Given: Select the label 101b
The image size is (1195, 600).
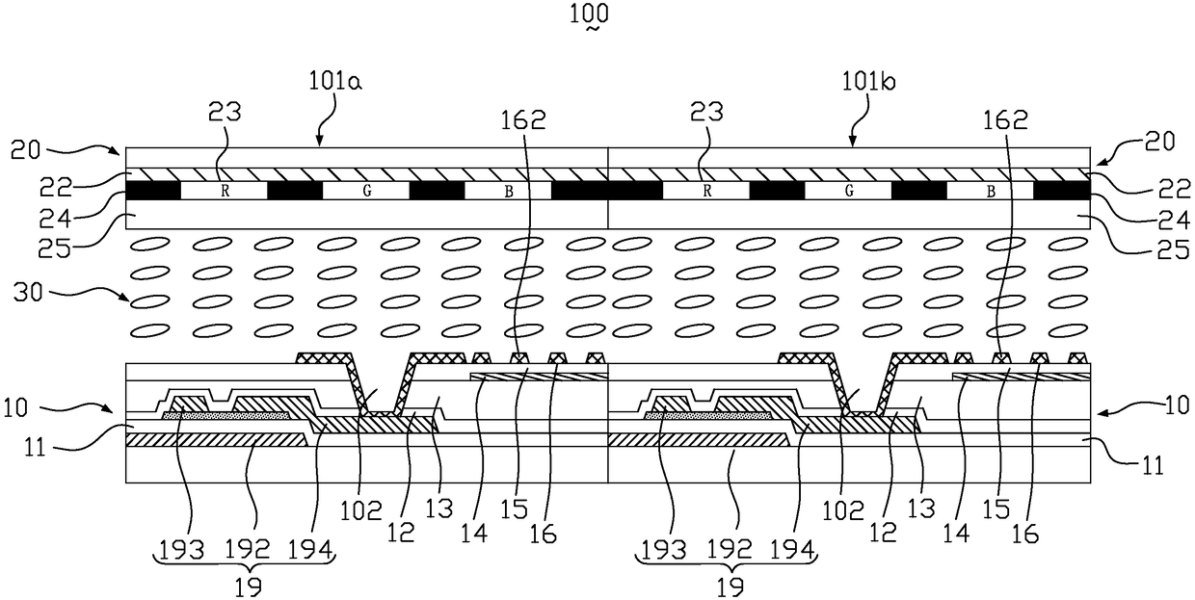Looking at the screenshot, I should pyautogui.click(x=870, y=81).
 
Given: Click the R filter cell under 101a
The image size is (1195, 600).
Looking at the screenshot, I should pyautogui.click(x=225, y=192).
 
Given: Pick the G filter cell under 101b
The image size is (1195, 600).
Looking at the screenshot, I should pyautogui.click(x=849, y=192).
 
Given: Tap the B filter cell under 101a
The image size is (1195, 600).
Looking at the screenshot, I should pyautogui.click(x=508, y=192).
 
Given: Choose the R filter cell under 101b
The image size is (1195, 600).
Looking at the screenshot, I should pyautogui.click(x=706, y=192).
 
